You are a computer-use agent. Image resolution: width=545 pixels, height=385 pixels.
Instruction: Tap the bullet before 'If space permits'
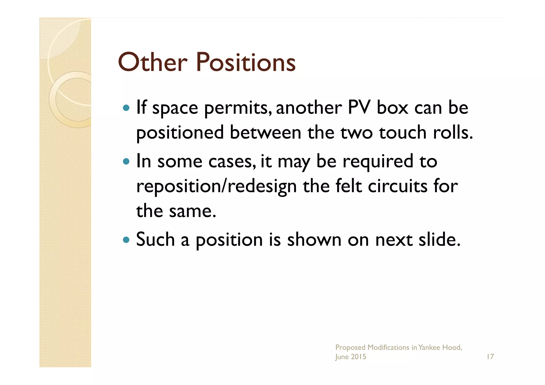(x=126, y=108)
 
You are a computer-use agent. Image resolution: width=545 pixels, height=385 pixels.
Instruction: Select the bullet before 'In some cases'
(x=126, y=161)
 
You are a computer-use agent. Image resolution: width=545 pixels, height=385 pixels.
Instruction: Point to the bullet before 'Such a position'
(x=126, y=240)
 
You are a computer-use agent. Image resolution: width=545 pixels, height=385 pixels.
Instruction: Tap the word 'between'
(x=265, y=133)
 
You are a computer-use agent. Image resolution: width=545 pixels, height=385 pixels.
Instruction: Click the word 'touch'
(x=403, y=133)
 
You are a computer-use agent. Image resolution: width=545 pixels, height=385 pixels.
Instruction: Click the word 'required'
(x=378, y=162)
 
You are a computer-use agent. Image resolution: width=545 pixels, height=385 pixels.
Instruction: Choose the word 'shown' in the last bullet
(x=314, y=239)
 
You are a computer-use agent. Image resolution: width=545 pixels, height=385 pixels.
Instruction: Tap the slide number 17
(x=490, y=357)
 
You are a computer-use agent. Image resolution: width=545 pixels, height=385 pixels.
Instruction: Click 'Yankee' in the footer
(x=429, y=347)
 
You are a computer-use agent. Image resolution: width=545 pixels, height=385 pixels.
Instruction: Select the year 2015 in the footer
(x=358, y=357)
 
